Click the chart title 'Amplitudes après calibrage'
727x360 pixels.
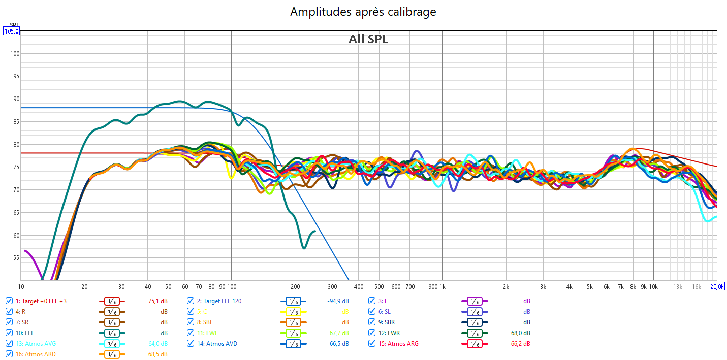(x=363, y=12)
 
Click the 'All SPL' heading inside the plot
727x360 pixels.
(x=368, y=39)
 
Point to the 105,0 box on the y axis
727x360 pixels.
(x=12, y=31)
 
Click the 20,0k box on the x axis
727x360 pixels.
(x=717, y=286)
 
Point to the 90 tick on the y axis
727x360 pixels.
(x=15, y=99)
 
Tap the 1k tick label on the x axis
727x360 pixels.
(x=442, y=286)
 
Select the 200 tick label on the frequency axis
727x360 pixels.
(x=295, y=286)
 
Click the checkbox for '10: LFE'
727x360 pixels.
(x=9, y=333)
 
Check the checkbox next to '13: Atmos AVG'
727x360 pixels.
(x=9, y=344)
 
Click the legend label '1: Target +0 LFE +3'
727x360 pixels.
(x=41, y=301)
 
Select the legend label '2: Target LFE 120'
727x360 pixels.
(x=219, y=301)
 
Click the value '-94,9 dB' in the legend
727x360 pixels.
(x=338, y=301)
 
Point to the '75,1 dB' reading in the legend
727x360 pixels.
(x=157, y=301)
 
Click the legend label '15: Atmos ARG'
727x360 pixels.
(x=399, y=344)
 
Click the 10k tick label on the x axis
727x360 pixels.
(x=653, y=286)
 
